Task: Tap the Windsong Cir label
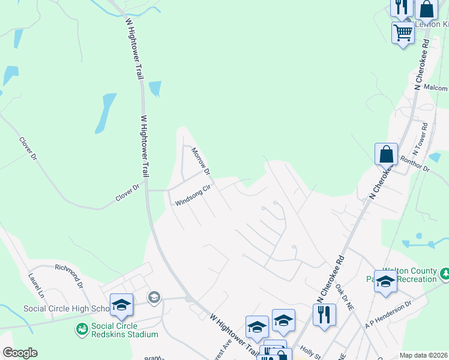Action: coord(193,196)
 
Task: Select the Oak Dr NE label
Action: coord(346,296)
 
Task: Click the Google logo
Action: coord(20,353)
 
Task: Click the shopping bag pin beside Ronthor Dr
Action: coord(387,154)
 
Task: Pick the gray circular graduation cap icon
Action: coord(154,296)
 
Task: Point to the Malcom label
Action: coord(436,88)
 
